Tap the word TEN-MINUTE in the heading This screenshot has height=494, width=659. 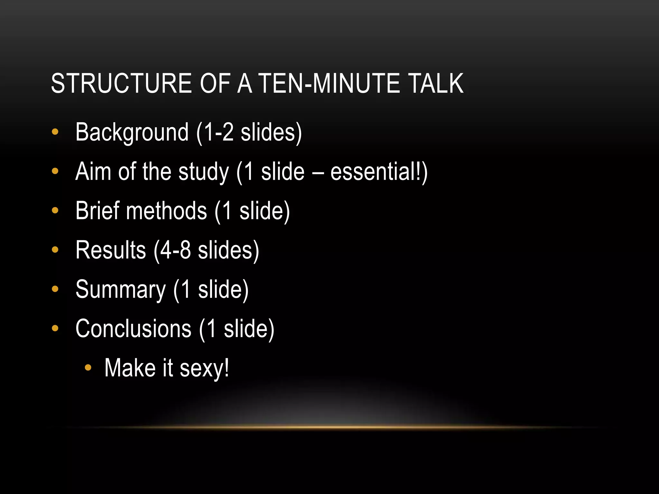click(x=329, y=83)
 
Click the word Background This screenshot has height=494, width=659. click(x=132, y=133)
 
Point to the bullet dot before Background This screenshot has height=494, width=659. click(x=55, y=132)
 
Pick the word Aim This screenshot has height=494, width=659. click(x=93, y=171)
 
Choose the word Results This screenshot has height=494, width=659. click(x=111, y=250)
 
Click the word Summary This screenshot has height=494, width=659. click(x=121, y=290)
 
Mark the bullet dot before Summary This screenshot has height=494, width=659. click(x=55, y=289)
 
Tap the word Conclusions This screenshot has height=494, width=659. click(x=133, y=329)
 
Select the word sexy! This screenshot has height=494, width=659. click(x=204, y=368)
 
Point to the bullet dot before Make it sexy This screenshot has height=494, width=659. click(x=88, y=368)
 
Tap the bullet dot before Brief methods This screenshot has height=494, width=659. click(x=55, y=210)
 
